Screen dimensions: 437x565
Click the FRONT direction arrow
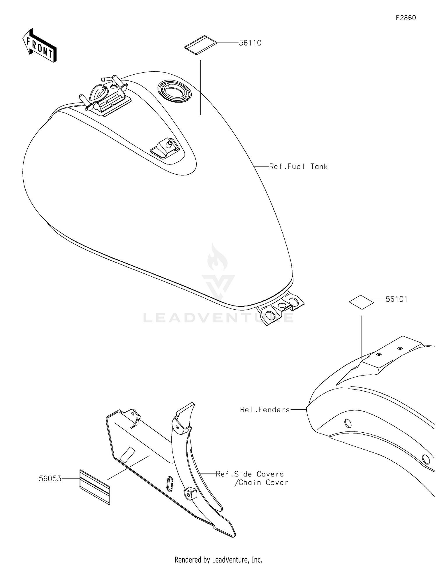(x=39, y=45)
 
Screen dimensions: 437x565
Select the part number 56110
(x=250, y=43)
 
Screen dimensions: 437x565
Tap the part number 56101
(x=397, y=299)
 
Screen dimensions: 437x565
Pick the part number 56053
(x=50, y=478)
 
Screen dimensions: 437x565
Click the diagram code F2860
(x=406, y=18)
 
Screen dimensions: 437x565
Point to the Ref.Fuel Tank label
(x=298, y=166)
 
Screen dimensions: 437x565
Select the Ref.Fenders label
(x=265, y=410)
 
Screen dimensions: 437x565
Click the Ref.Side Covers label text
(x=250, y=474)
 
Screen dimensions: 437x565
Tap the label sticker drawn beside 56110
(x=200, y=45)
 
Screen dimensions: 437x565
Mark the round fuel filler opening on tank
(x=175, y=90)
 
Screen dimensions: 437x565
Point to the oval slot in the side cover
(x=170, y=484)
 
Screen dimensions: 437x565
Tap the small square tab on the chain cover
(x=190, y=494)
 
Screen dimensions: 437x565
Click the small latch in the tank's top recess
(x=164, y=148)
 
